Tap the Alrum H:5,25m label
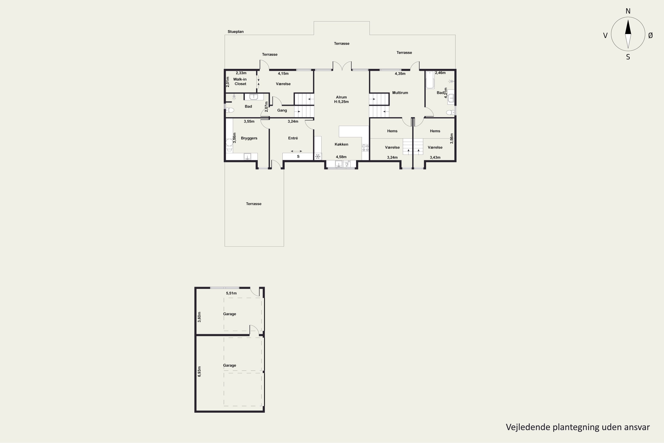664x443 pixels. tap(341, 99)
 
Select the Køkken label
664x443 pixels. tap(341, 144)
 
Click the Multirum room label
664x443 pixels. tap(400, 93)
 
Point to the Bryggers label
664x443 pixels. tap(249, 138)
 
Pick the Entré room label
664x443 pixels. tap(293, 138)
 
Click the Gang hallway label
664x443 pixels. tap(282, 111)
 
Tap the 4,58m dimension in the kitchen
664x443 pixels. tap(341, 157)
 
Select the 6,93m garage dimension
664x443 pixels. tap(199, 371)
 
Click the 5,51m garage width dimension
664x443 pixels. tap(231, 293)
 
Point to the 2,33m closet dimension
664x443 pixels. tap(241, 73)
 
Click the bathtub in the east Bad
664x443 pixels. tap(430, 80)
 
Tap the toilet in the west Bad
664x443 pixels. tap(230, 110)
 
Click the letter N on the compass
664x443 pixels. tap(628, 11)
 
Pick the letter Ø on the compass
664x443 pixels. tap(650, 35)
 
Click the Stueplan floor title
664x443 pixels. tap(235, 32)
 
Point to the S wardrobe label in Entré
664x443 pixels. tap(298, 157)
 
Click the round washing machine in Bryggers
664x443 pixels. tap(229, 142)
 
